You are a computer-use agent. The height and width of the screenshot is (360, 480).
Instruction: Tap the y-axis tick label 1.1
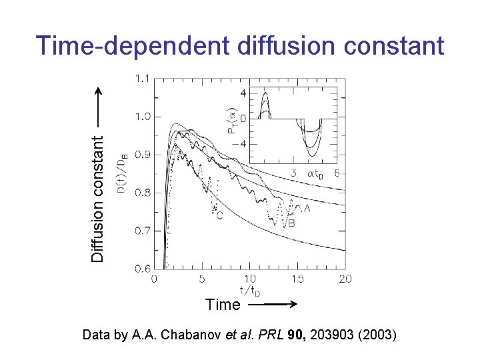142,79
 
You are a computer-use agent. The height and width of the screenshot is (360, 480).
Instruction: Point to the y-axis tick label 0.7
142,231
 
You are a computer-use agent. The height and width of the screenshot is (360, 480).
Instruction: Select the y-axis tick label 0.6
142,269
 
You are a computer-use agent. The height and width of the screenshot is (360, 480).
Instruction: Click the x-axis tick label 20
344,279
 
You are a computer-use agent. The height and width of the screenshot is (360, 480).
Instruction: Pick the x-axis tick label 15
297,279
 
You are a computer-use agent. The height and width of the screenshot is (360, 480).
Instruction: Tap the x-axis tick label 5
202,279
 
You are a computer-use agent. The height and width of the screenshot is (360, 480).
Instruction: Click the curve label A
307,209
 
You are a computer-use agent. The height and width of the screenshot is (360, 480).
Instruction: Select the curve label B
291,224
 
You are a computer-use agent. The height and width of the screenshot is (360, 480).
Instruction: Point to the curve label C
219,215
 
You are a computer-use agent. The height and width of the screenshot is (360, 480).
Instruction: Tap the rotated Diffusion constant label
99,197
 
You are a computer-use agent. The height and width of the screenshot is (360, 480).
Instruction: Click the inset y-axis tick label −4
241,144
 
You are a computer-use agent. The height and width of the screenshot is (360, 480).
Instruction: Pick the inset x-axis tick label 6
337,173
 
